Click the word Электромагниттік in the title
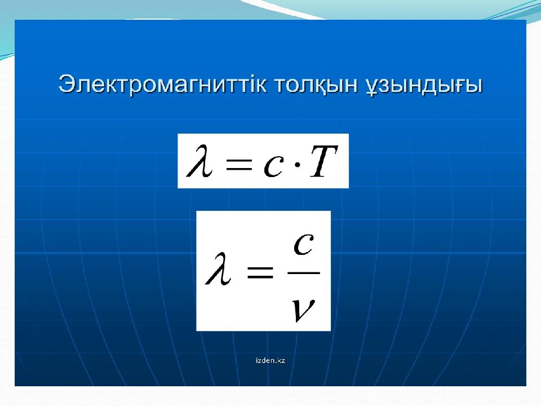[163, 84]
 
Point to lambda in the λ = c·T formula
[199, 161]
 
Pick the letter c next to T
[274, 166]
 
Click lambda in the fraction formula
[218, 268]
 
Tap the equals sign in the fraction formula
[259, 272]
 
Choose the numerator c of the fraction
[303, 244]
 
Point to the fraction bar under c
[304, 272]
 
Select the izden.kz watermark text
[270, 360]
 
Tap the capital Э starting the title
[66, 84]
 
